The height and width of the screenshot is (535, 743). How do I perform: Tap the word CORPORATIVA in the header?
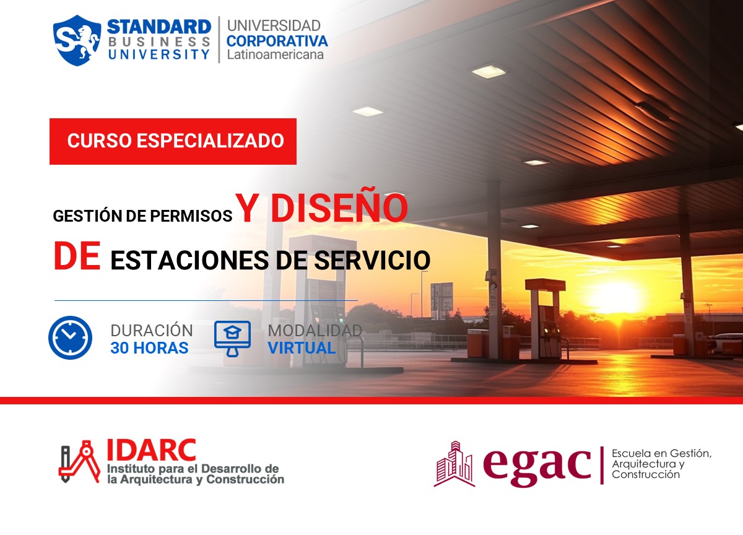(x=277, y=41)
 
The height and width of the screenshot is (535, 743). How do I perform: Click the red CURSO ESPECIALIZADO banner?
(x=173, y=141)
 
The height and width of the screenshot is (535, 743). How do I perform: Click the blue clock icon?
(x=70, y=338)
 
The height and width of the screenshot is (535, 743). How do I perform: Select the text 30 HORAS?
(x=149, y=348)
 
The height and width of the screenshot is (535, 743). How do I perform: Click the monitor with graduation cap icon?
(x=232, y=338)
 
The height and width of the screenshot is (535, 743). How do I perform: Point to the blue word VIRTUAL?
(x=302, y=348)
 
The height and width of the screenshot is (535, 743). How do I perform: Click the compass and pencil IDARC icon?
(x=79, y=464)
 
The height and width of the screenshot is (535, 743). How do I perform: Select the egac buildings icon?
(x=454, y=464)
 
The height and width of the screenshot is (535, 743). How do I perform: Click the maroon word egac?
(x=536, y=463)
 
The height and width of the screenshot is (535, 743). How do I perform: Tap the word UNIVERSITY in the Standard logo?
(x=159, y=54)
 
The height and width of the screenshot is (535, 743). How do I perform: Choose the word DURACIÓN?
(x=152, y=331)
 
